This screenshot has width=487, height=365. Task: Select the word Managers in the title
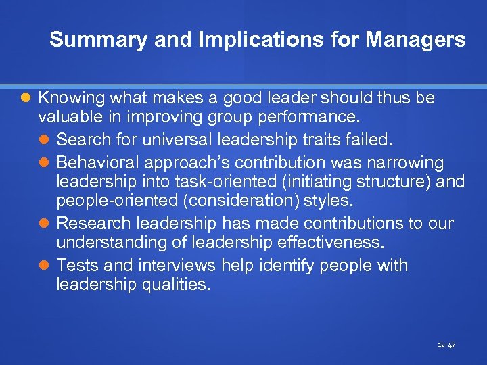(x=415, y=40)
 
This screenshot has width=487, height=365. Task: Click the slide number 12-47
(x=446, y=345)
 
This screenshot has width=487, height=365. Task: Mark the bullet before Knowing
(x=26, y=99)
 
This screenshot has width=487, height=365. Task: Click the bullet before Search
(x=45, y=141)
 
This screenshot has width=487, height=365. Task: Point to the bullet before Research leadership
(x=45, y=224)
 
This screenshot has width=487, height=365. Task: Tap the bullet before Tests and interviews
(x=45, y=265)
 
